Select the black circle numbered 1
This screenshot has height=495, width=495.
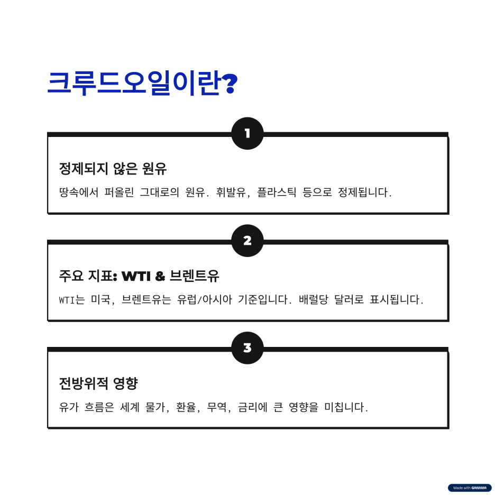(247, 133)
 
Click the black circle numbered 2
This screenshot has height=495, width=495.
(247, 241)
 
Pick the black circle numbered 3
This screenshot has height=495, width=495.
(247, 348)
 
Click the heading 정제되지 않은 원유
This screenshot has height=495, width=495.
(113, 169)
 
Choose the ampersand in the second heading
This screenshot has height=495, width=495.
(161, 276)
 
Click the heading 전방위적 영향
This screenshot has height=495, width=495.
(98, 383)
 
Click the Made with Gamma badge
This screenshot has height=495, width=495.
(470, 488)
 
